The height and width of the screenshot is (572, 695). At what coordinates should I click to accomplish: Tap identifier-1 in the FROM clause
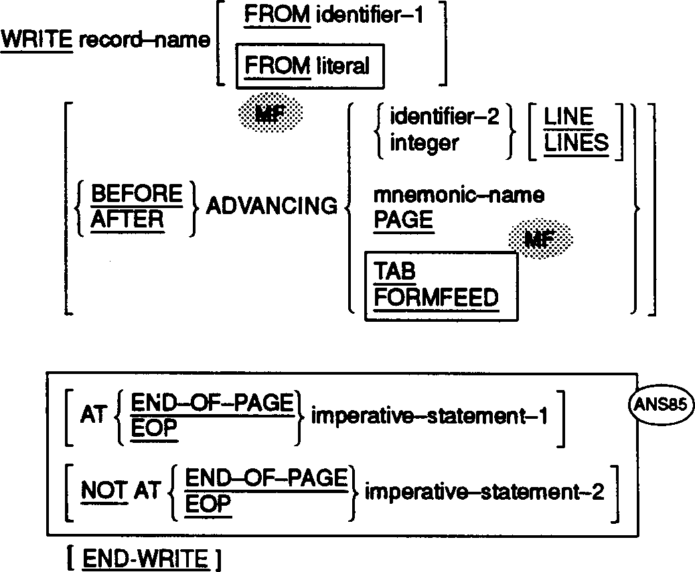coord(370,14)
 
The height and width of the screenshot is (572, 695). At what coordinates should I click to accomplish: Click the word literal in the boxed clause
coord(342,66)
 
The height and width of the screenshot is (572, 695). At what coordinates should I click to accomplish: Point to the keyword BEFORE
coord(136,195)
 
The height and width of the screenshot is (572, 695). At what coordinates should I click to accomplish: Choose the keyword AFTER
coord(128,219)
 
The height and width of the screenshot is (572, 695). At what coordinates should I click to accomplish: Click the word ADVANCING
coord(272,207)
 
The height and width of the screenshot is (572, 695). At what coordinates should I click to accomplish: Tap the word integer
coord(416,142)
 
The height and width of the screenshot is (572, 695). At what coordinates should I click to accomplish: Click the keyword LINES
coord(576,142)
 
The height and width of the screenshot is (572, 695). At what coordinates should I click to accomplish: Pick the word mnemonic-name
coord(459,195)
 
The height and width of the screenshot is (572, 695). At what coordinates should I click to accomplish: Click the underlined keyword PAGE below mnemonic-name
coord(403,220)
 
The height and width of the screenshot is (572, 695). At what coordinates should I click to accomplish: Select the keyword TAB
coord(394,271)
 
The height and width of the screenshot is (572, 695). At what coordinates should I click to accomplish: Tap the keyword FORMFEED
coord(436,296)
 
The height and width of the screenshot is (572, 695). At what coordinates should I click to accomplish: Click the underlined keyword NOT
coord(103,492)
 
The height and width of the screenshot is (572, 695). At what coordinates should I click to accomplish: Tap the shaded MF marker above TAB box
coord(541,237)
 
